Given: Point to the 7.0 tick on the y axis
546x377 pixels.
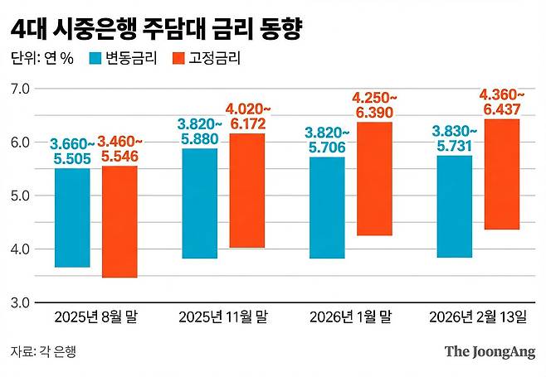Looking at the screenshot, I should [x=19, y=89].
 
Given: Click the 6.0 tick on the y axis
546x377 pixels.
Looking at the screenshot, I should [x=19, y=143].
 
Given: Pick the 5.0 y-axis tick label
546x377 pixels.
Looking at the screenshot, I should [x=19, y=196].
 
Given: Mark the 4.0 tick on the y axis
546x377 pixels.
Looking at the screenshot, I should [x=19, y=249].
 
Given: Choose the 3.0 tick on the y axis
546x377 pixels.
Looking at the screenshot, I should [x=19, y=302].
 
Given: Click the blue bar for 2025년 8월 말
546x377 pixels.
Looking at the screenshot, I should [x=73, y=218].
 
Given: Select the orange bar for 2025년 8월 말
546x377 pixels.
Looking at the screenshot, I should [x=120, y=221].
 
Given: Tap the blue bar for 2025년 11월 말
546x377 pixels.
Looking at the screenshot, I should [x=199, y=203].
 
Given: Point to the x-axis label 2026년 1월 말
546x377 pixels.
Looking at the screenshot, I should [x=349, y=317].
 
